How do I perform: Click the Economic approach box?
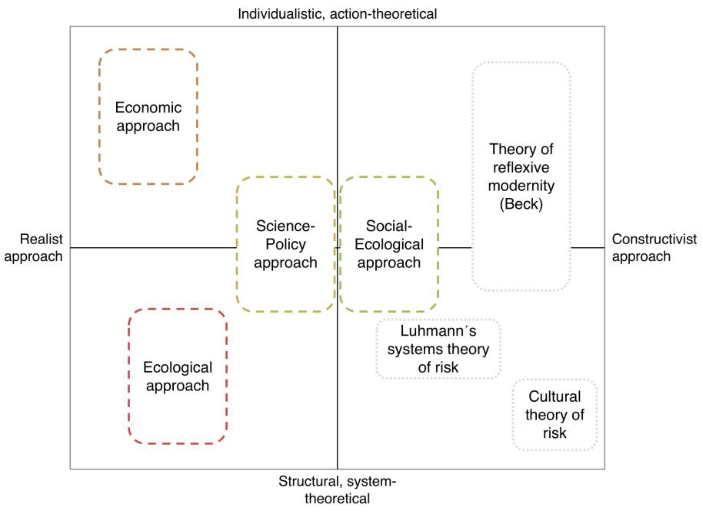click(148, 117)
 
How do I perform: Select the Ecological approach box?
click(178, 376)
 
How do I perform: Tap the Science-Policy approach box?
click(285, 244)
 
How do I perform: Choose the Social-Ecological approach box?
click(389, 244)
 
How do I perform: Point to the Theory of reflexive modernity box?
click(521, 176)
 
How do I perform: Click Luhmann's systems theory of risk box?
click(438, 349)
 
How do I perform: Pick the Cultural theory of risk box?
click(555, 415)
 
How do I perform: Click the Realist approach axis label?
click(34, 248)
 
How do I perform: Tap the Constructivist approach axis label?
click(654, 248)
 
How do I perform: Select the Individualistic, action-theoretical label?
click(337, 14)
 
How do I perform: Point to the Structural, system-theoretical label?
click(337, 490)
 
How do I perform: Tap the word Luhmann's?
click(438, 331)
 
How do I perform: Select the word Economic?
click(148, 108)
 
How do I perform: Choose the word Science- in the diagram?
click(285, 226)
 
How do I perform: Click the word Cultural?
click(555, 397)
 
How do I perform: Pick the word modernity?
click(521, 186)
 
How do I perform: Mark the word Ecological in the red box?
click(178, 368)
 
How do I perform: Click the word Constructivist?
click(654, 239)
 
